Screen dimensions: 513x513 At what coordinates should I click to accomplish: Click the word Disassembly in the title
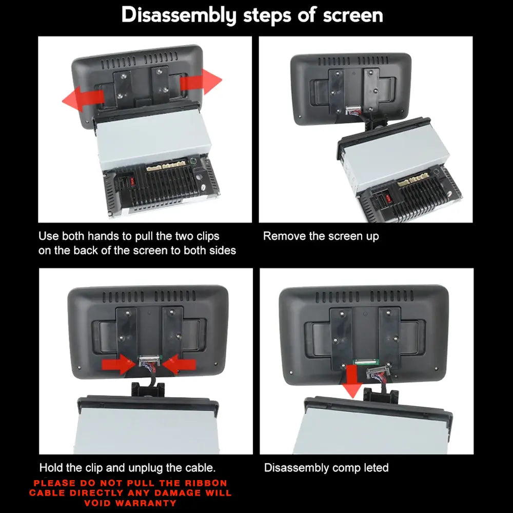click(x=179, y=15)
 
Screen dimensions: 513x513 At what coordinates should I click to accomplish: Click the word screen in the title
click(x=353, y=15)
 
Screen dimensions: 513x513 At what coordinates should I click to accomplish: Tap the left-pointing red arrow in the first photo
click(x=83, y=99)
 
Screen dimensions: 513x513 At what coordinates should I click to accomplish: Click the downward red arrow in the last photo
click(x=352, y=382)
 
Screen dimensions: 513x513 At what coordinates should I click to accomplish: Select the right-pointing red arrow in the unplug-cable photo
click(x=119, y=364)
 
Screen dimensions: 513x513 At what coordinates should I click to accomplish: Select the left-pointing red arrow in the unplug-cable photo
click(x=179, y=364)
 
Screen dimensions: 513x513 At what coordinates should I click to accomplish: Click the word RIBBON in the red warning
click(x=206, y=483)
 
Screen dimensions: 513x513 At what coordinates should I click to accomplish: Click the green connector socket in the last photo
click(x=366, y=362)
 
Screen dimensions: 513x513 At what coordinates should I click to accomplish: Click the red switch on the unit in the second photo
click(x=388, y=198)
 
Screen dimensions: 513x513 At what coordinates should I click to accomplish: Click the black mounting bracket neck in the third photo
click(x=148, y=389)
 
